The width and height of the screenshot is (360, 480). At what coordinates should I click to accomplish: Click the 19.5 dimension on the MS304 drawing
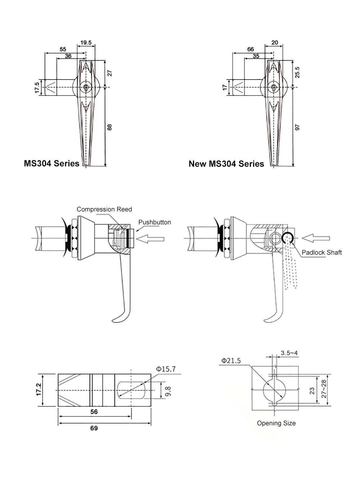pyautogui.click(x=86, y=42)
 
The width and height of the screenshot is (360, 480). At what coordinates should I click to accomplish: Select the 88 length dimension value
pyautogui.click(x=110, y=127)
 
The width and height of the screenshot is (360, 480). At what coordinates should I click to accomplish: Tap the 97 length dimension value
pyautogui.click(x=297, y=127)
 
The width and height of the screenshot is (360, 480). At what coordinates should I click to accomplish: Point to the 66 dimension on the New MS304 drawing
pyautogui.click(x=251, y=49)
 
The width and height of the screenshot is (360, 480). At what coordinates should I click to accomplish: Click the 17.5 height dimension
pyautogui.click(x=37, y=88)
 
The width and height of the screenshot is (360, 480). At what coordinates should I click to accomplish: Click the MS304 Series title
pyautogui.click(x=51, y=163)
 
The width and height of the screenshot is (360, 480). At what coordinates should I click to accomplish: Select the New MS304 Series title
pyautogui.click(x=226, y=164)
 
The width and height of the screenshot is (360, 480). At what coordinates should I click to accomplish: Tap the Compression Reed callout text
pyautogui.click(x=104, y=209)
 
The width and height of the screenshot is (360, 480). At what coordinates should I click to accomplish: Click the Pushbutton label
pyautogui.click(x=154, y=222)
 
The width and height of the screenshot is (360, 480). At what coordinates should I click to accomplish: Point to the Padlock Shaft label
pyautogui.click(x=321, y=252)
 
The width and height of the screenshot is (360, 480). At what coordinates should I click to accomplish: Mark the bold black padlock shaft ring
pyautogui.click(x=287, y=237)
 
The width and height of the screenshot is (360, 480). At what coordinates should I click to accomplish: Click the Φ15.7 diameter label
pyautogui.click(x=166, y=369)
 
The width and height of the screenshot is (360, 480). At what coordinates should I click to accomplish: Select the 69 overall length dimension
pyautogui.click(x=94, y=428)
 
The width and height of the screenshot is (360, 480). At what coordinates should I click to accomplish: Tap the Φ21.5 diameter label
pyautogui.click(x=231, y=360)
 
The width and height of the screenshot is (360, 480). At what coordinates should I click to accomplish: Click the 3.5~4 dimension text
pyautogui.click(x=289, y=353)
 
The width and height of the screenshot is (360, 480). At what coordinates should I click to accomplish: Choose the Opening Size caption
pyautogui.click(x=276, y=423)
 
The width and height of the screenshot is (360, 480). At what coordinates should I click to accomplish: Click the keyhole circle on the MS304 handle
pyautogui.click(x=86, y=87)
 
